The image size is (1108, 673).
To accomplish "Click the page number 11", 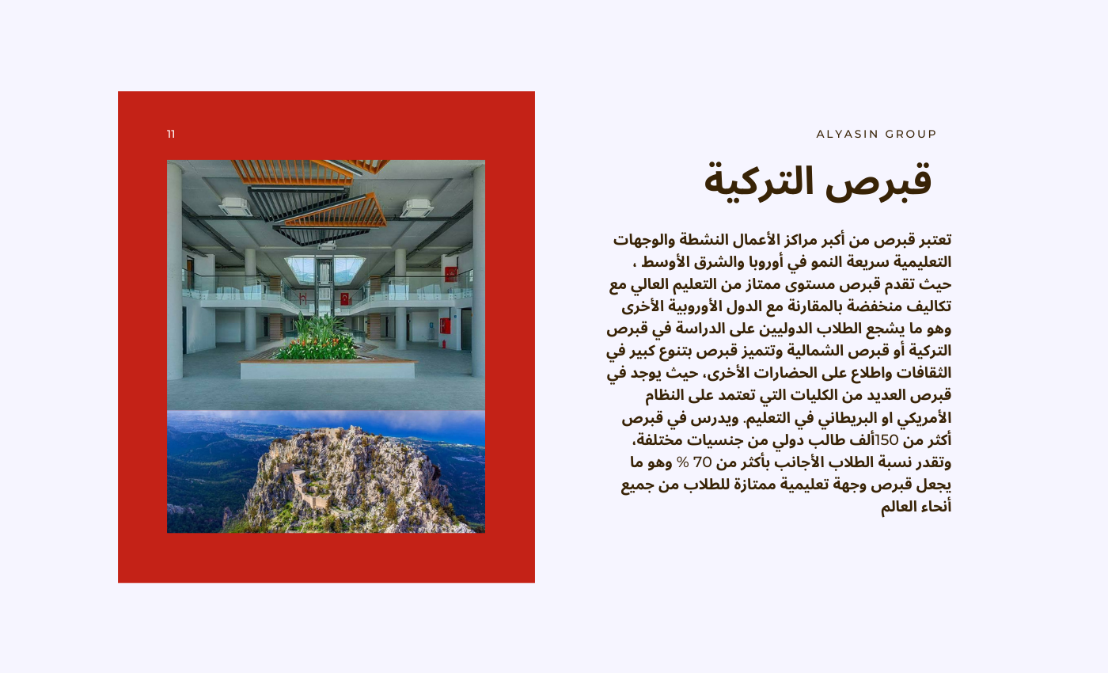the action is (x=171, y=134).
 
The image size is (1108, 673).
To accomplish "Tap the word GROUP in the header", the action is (x=911, y=134).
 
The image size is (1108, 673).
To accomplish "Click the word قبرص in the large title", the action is (x=878, y=181).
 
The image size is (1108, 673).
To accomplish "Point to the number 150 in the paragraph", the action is (x=886, y=440).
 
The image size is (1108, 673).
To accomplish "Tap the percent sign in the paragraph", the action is (x=682, y=462).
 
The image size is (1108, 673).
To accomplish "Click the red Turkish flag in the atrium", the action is (x=344, y=298).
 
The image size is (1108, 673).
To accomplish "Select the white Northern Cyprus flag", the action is (x=302, y=298).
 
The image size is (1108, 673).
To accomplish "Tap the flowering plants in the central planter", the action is (x=317, y=338).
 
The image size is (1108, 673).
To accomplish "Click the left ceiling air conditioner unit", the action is (x=235, y=207).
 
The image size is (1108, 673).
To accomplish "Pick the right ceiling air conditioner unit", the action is (x=416, y=207).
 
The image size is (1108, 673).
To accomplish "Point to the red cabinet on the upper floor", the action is (x=450, y=274).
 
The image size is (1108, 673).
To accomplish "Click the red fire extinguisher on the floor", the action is (x=444, y=344).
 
